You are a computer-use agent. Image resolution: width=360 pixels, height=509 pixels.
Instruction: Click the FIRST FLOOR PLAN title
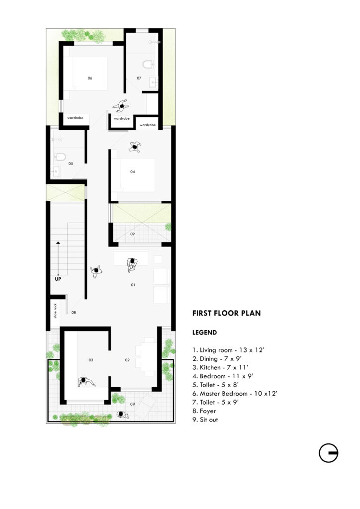[226, 313]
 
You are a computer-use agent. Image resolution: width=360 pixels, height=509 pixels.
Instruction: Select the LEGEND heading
[204, 333]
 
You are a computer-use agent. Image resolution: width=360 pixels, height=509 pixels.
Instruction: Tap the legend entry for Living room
[228, 350]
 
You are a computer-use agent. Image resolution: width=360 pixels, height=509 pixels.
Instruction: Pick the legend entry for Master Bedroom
[235, 394]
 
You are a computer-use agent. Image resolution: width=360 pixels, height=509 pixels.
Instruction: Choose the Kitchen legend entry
[220, 367]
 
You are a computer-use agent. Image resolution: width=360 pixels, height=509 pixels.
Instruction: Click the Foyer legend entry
[204, 411]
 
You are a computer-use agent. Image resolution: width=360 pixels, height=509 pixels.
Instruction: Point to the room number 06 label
[90, 78]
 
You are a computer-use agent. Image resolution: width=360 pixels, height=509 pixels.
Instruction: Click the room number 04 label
[132, 171]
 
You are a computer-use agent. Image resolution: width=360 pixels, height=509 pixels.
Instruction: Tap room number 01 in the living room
[133, 285]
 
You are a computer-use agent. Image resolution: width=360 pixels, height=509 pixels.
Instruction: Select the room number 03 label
[91, 360]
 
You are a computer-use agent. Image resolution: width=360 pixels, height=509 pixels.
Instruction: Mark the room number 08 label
[74, 312]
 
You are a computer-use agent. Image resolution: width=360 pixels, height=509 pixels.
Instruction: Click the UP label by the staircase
[58, 279]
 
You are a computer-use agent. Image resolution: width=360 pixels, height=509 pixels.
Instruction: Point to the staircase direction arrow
[58, 258]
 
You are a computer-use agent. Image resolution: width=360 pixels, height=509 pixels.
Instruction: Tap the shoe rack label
[55, 311]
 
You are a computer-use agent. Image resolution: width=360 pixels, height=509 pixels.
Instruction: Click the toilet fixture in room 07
[148, 64]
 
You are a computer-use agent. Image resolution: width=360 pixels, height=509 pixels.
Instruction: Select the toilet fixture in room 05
[60, 157]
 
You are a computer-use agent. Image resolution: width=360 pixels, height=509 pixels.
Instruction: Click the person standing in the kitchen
[86, 381]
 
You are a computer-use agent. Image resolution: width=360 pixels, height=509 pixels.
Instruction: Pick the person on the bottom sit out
[122, 415]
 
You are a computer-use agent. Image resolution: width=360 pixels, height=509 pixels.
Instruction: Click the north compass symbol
[329, 453]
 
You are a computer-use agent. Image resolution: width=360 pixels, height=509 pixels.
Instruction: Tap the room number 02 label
[127, 360]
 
